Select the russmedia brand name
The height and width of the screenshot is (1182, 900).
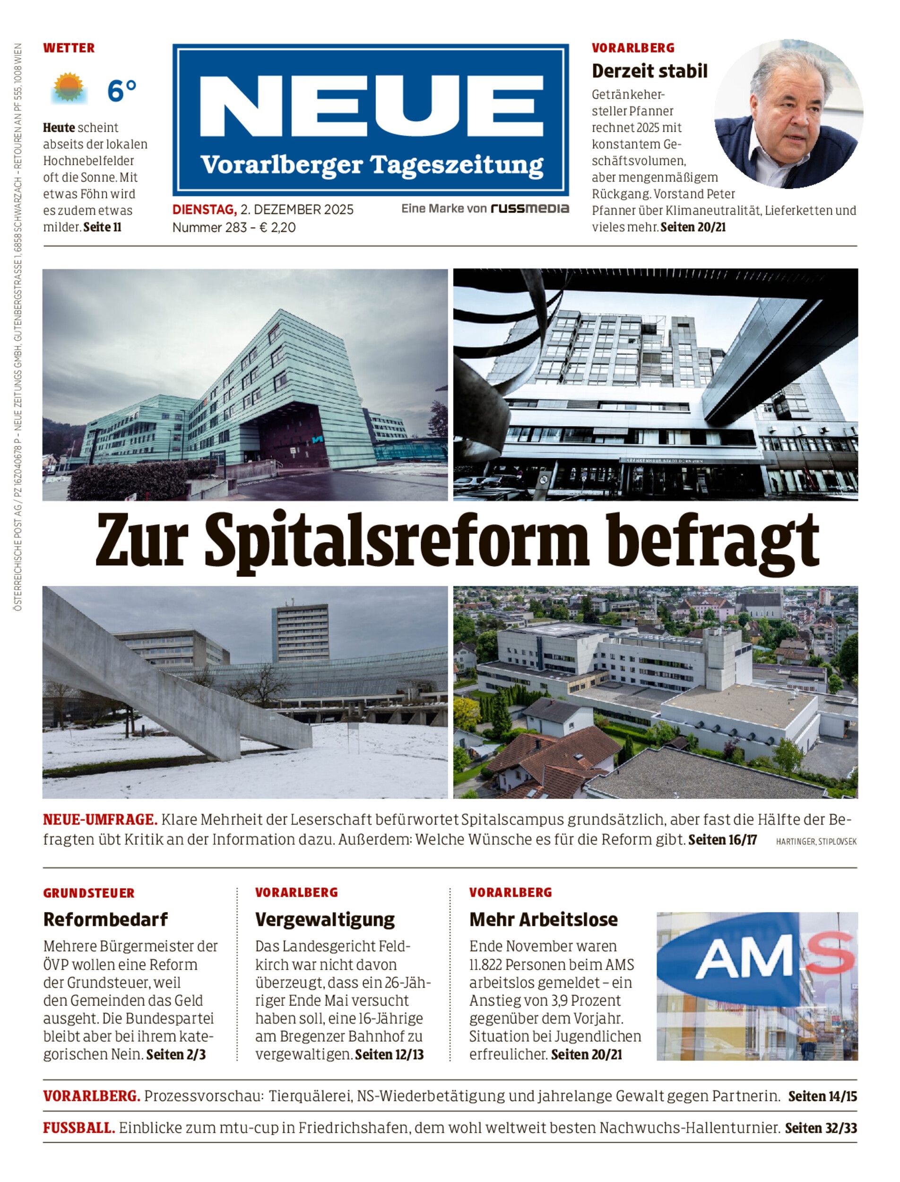coord(530,209)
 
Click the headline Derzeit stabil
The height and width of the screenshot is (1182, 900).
coord(649,71)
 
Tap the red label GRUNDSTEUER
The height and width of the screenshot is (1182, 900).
coord(89,893)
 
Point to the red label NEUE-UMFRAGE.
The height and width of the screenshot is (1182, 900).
coord(100,820)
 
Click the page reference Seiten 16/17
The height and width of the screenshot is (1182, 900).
coord(722,840)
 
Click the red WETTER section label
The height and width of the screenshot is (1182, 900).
coord(69,48)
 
